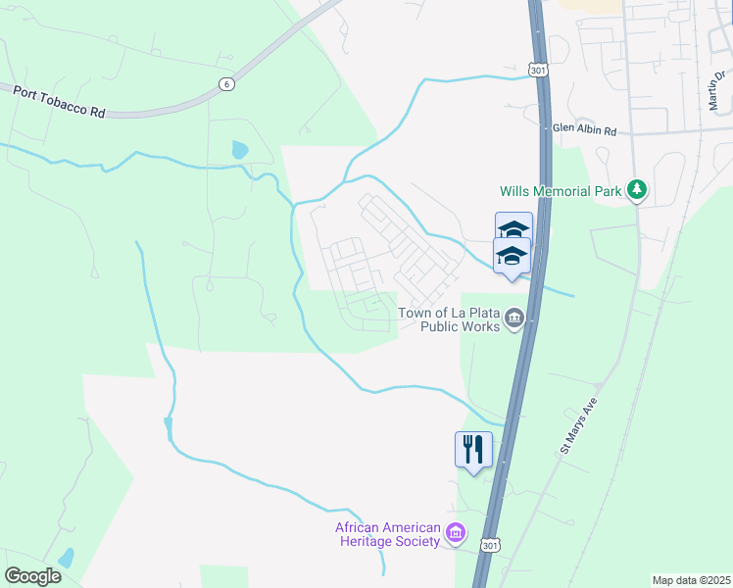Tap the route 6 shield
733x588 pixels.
pos(227,85)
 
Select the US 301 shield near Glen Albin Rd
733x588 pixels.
pos(536,71)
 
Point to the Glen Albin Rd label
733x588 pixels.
pos(584,129)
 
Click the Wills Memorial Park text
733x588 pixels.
pos(561,192)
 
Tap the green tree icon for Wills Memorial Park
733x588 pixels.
pos(638,189)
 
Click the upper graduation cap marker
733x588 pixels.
pos(513,229)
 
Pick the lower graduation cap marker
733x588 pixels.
pos(512,257)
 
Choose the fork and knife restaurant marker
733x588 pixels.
pos(474,449)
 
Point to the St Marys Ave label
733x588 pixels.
pos(580,424)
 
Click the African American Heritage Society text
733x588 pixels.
pos(387,534)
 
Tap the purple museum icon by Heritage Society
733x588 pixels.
pos(455,533)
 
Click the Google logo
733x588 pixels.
pos(32,576)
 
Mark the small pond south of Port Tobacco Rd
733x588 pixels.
pos(239,150)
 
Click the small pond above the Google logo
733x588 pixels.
pos(66,559)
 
